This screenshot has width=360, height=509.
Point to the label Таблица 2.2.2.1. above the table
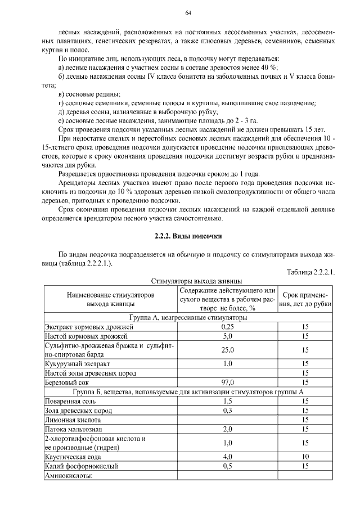310,272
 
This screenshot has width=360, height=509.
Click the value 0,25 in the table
227,327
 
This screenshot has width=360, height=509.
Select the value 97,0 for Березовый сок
227,382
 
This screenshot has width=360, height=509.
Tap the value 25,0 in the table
227,350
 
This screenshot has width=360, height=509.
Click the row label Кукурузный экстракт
81,364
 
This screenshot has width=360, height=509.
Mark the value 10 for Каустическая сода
305,457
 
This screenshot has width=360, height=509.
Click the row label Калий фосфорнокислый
83,466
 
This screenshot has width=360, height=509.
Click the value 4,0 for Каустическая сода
227,457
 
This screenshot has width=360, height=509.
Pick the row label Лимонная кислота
75,420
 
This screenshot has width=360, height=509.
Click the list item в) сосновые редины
89,94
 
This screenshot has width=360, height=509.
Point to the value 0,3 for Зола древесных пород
227,411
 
